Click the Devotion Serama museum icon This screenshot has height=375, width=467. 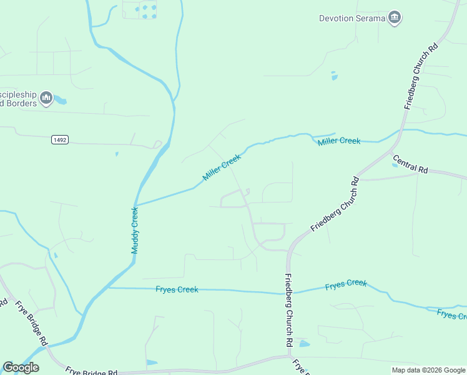[x=395, y=18]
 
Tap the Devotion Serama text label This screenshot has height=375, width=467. [x=351, y=18]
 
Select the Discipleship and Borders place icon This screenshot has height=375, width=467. [x=46, y=98]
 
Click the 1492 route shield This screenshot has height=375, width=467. [x=59, y=140]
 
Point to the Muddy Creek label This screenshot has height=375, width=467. [x=134, y=230]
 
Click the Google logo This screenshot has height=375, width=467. [x=21, y=367]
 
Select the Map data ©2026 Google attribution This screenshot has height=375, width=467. [x=428, y=370]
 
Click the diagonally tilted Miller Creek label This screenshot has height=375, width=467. [x=222, y=168]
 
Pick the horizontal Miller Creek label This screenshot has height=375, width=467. [x=338, y=141]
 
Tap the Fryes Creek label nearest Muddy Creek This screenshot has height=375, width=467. [x=177, y=289]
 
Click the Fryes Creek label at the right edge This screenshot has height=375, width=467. [x=451, y=314]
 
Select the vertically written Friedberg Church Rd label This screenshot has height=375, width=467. [x=289, y=311]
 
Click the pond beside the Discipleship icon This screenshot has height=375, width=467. [x=60, y=99]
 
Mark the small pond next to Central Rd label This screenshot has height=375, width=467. [x=395, y=165]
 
